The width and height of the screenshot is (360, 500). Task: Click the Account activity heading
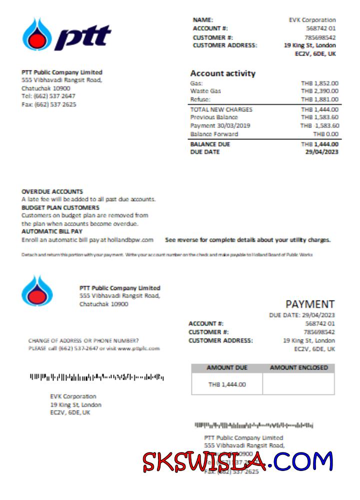pos(222,73)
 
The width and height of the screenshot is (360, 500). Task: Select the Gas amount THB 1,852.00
pos(319,83)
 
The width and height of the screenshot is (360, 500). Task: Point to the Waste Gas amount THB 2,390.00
pos(319,91)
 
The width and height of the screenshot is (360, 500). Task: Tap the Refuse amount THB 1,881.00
pos(319,99)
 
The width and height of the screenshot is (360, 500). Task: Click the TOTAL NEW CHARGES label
pos(221,109)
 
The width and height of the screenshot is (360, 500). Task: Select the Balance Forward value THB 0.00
pos(325,134)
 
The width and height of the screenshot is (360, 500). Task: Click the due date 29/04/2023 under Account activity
pos(321,152)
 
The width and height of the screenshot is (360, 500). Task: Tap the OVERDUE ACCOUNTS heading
pos(52,191)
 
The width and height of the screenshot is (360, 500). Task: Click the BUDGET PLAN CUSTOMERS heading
pos(60,207)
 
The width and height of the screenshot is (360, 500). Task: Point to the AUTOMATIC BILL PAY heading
pos(52,231)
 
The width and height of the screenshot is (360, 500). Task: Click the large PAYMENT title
pos(310,304)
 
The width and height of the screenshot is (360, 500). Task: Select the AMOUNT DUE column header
pos(227,368)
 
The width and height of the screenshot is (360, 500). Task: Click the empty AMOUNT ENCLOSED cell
pos(298,384)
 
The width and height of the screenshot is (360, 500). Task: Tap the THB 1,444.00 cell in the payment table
pos(227,384)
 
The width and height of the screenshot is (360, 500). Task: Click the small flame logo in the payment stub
pos(37,291)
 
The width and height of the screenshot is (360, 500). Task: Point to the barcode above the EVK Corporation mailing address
pos(96,376)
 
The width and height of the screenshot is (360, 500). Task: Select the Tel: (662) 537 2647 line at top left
pos(48,96)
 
